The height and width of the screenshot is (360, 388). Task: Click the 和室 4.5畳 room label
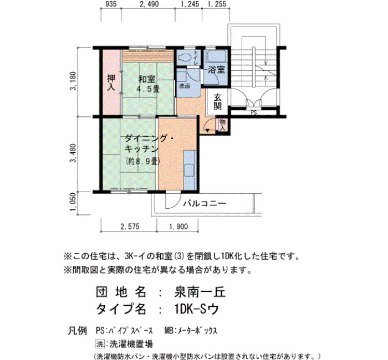149,84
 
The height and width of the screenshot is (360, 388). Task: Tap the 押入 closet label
111,83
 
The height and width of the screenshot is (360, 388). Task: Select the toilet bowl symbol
185,58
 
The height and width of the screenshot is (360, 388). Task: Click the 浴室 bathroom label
217,70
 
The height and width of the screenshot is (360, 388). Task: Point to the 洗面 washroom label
185,86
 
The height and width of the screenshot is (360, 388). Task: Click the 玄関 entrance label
217,101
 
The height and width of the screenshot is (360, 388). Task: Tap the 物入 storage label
223,125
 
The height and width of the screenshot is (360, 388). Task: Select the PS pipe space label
254,112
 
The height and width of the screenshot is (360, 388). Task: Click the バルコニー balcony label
205,204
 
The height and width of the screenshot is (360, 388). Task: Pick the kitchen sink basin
190,170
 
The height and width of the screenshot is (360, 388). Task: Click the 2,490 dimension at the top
149,4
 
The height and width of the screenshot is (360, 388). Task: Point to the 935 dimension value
111,4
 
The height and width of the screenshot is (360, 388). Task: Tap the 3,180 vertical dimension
73,81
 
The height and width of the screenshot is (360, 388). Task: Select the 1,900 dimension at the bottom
178,226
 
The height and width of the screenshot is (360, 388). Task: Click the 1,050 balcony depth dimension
73,202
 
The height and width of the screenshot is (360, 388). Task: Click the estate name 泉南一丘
200,292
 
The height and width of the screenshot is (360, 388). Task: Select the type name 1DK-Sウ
197,309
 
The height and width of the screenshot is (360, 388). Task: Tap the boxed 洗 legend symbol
100,344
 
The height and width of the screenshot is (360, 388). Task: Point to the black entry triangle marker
207,131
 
